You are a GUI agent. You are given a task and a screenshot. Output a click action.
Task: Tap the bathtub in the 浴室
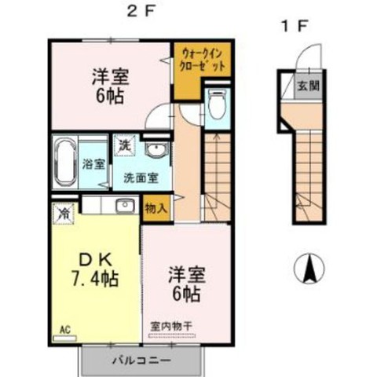coord(65,162)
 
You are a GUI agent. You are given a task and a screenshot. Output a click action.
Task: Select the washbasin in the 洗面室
coord(156,148)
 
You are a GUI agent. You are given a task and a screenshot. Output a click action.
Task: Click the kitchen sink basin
coord(125,205)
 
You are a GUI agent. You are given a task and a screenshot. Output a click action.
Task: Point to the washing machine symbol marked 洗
coord(125,145)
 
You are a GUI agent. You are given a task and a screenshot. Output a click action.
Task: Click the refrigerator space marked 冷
coord(64,214)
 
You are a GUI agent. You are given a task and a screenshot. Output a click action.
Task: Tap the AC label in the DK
coord(65,330)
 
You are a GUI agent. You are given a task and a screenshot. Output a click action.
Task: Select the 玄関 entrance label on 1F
coord(309,86)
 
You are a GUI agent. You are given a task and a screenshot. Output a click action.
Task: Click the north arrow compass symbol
coord(309,269)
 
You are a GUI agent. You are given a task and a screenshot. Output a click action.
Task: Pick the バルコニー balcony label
coord(141,361)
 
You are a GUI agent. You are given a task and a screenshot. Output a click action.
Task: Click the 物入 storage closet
coord(156,209)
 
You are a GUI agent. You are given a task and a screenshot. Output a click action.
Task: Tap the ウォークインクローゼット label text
coord(203,60)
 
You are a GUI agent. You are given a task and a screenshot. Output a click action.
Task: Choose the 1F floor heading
coord(294,27)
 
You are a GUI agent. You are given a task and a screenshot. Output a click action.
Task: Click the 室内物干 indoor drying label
coord(171,326)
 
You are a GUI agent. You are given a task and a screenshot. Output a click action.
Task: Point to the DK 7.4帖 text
coord(95,270)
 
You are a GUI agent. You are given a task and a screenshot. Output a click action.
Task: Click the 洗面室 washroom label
coord(141,178)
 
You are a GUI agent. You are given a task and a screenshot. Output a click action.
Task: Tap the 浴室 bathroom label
coord(93,164)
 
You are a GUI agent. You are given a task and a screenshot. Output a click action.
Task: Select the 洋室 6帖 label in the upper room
coord(110,86)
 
